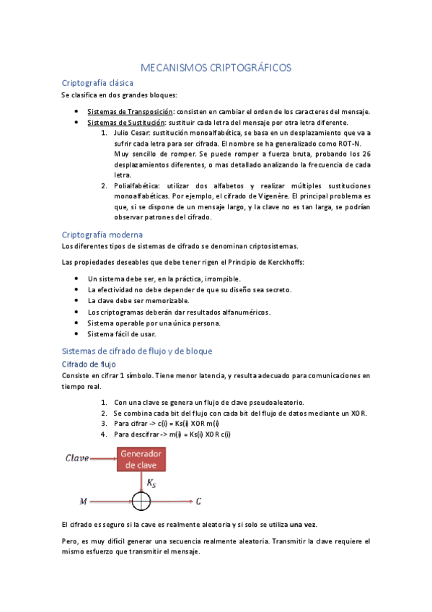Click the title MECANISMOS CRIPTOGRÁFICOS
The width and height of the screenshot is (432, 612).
215,67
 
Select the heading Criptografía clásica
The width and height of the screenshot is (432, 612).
97,83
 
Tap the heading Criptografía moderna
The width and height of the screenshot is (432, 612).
102,235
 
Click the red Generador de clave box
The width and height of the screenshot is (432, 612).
141,459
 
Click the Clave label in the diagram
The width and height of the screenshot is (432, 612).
77,458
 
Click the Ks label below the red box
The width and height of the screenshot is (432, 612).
151,481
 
